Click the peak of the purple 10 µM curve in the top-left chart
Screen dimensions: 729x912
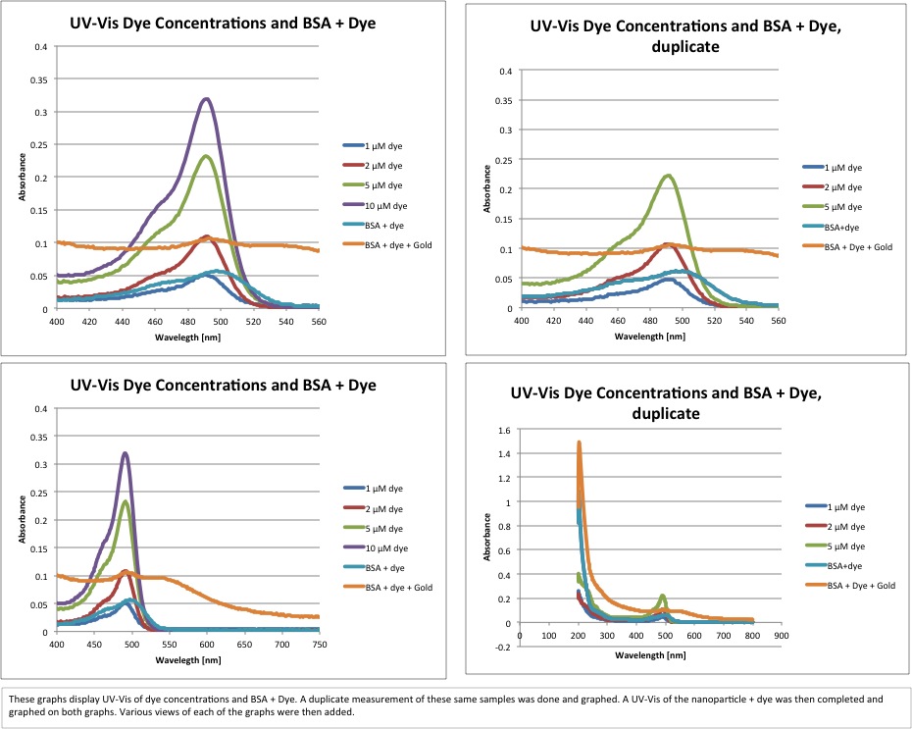click(206, 98)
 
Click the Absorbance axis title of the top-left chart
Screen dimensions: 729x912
click(22, 178)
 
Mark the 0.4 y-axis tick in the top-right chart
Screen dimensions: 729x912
click(506, 71)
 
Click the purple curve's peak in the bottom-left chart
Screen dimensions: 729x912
click(125, 452)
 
